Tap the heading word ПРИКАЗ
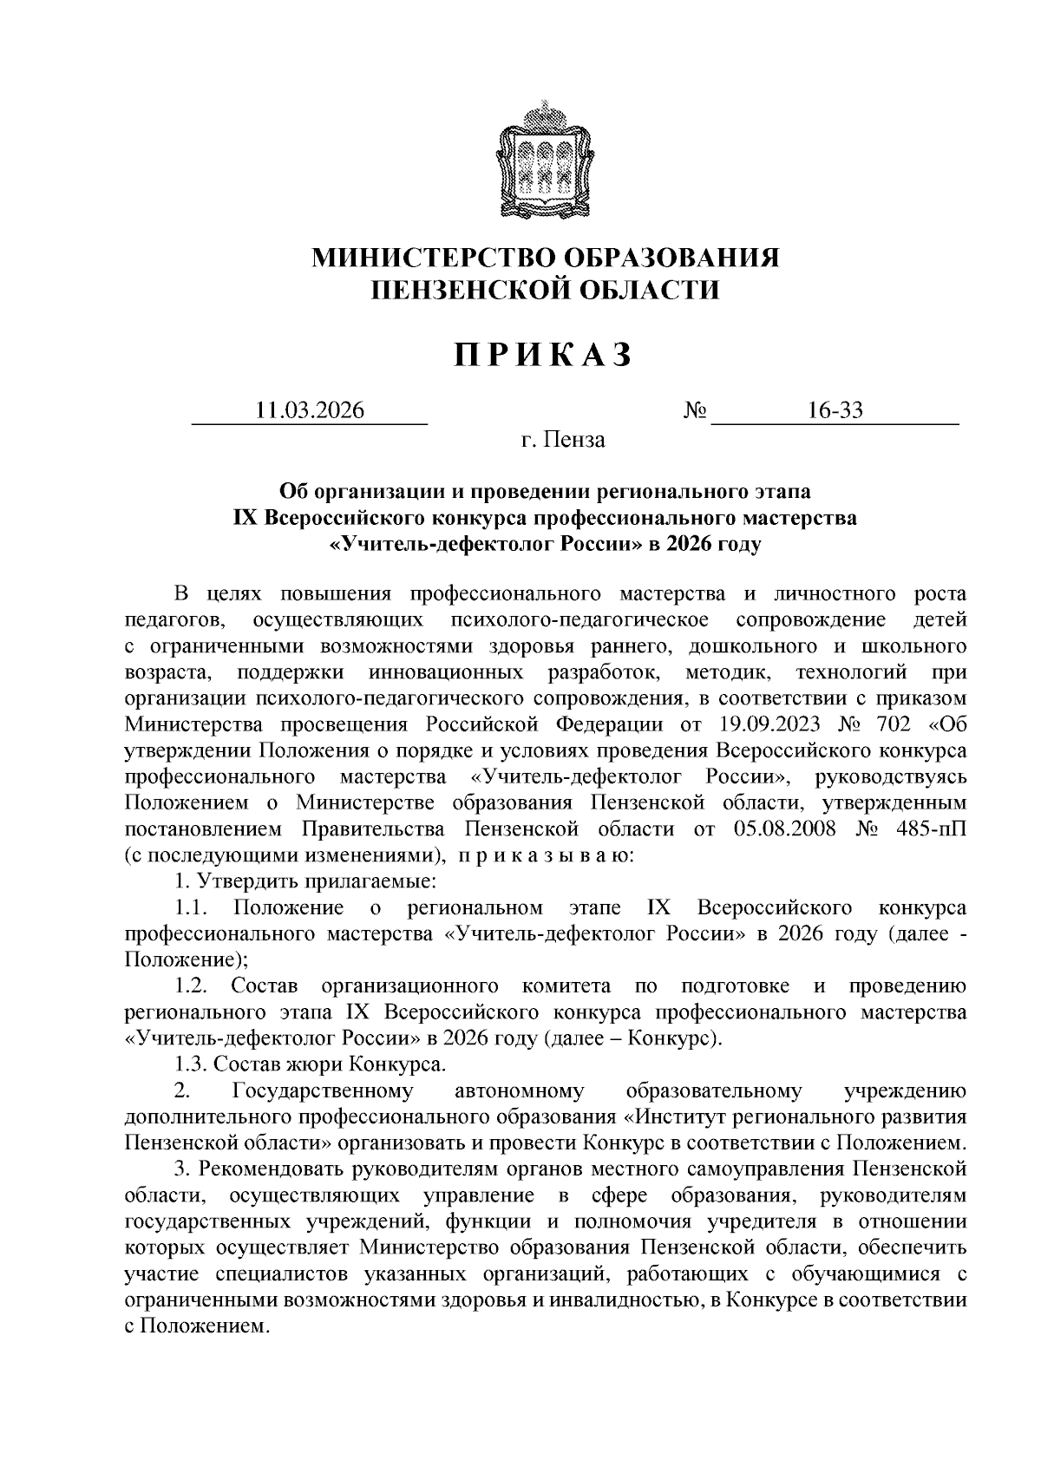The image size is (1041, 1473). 544,356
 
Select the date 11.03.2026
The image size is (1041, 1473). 310,410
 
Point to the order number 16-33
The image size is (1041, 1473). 835,410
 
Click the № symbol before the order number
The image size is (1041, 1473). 697,410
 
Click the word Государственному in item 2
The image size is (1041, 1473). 323,1090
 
